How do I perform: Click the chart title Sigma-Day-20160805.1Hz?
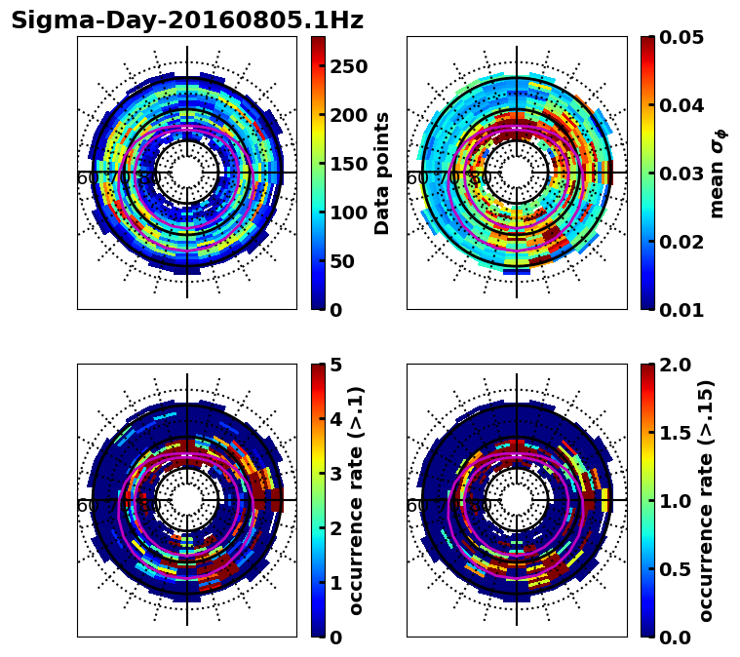pyautogui.click(x=186, y=20)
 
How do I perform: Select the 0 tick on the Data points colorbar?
pyautogui.click(x=336, y=310)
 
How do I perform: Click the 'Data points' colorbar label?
pyautogui.click(x=382, y=173)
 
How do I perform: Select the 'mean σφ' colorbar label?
pyautogui.click(x=718, y=173)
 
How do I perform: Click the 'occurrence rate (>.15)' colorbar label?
pyautogui.click(x=706, y=500)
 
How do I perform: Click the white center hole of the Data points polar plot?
pyautogui.click(x=186, y=173)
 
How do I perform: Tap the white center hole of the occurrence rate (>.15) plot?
pyautogui.click(x=517, y=500)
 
